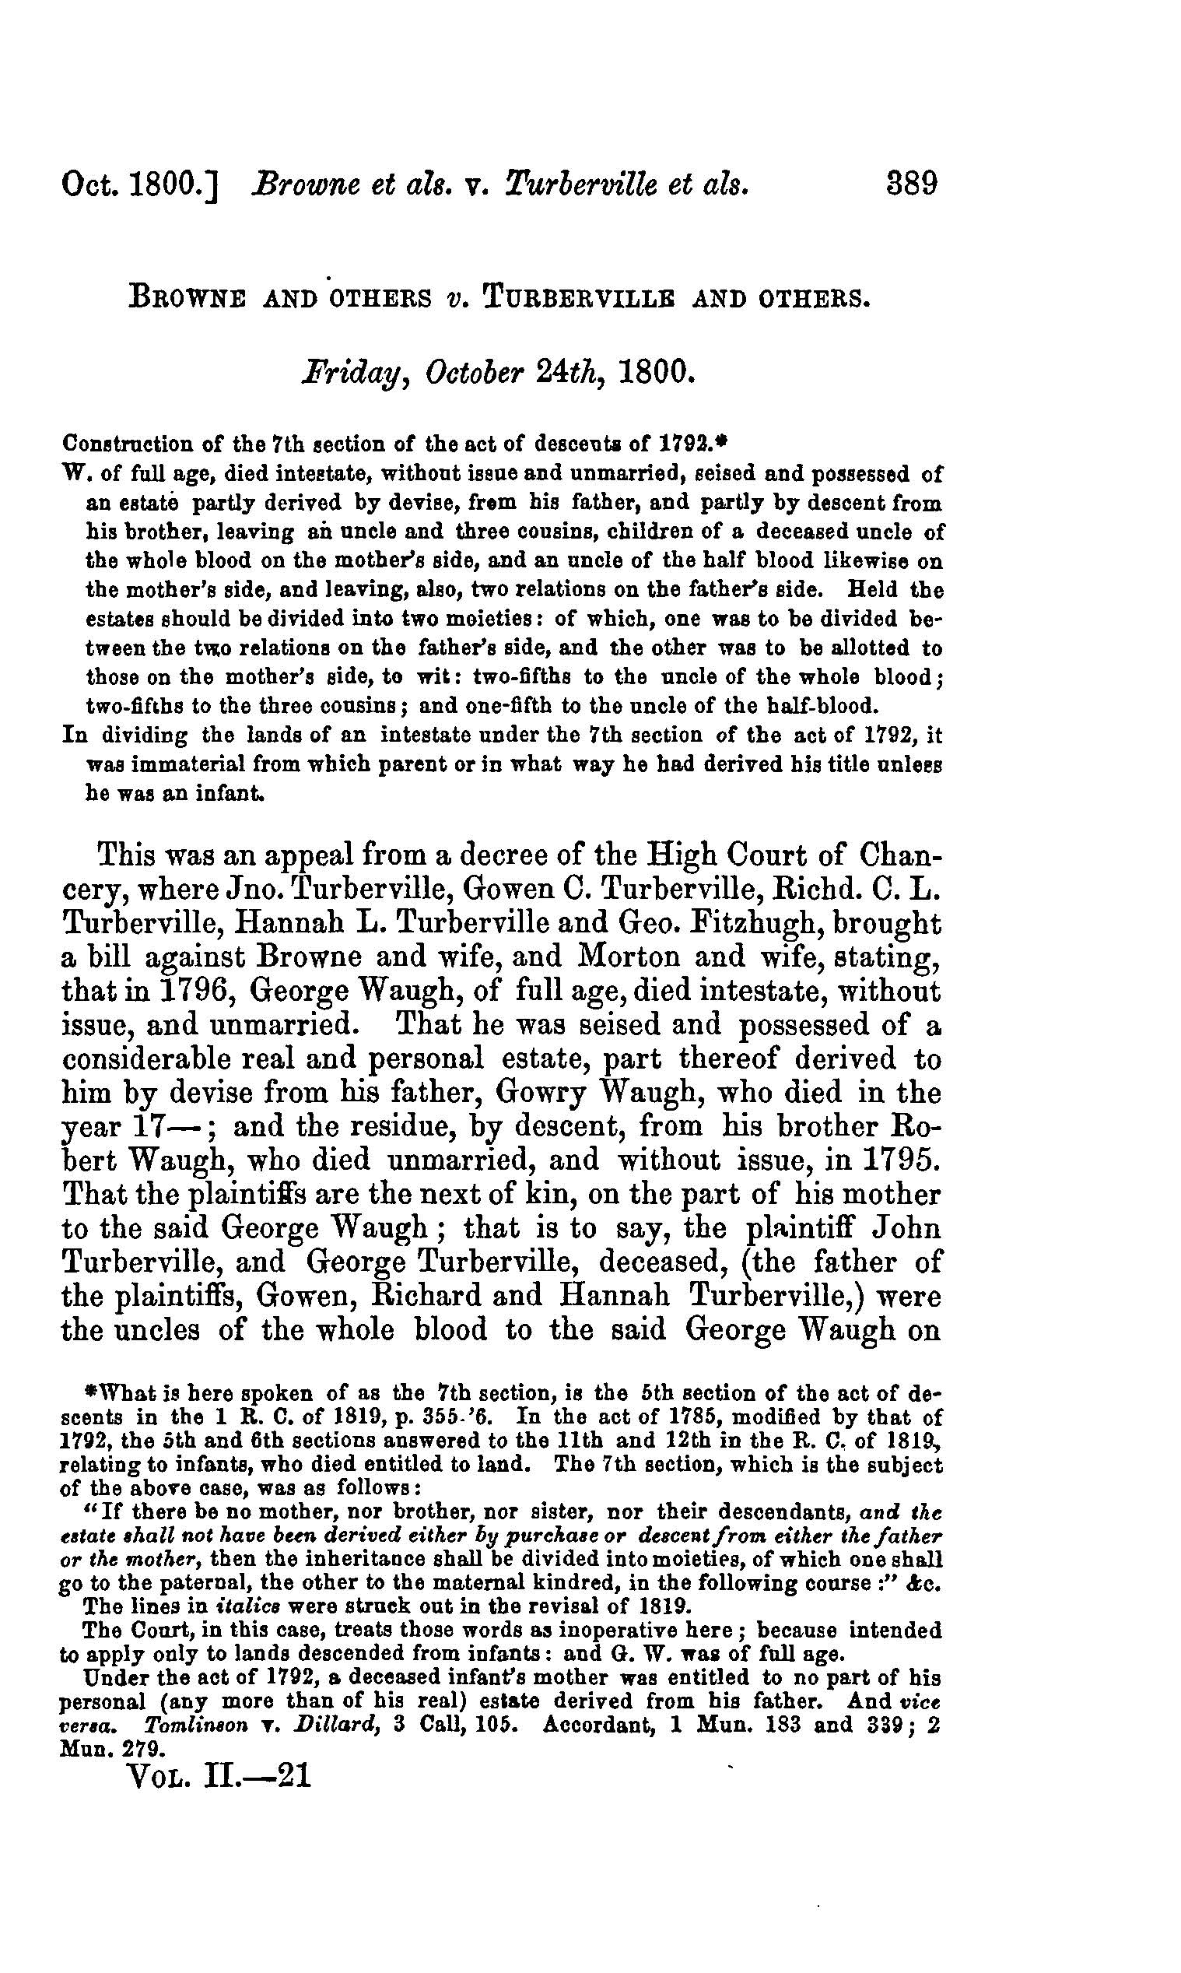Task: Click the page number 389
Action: point(911,184)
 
